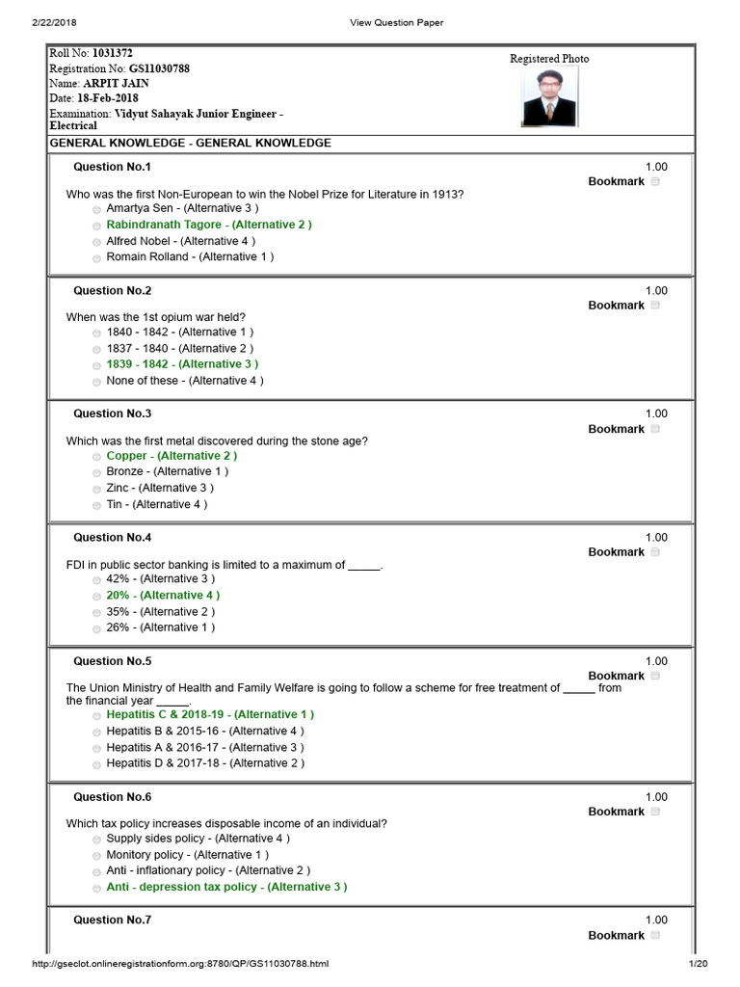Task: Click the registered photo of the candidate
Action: pos(550,96)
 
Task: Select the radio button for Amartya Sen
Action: pos(97,209)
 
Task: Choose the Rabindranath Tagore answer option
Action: pos(209,225)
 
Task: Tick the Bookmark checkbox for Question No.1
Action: pos(655,181)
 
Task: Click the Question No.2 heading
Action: pos(112,290)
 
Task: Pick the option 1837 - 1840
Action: pos(97,349)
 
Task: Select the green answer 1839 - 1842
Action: pos(182,364)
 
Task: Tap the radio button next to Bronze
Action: pos(97,472)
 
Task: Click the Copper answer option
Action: pos(172,456)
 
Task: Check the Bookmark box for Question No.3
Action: pos(655,429)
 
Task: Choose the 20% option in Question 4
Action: pos(163,596)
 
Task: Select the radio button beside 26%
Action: pos(97,628)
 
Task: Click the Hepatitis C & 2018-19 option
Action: pos(210,714)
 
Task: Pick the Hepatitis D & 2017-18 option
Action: pos(205,763)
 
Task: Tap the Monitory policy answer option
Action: pos(187,855)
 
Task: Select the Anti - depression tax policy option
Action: pos(226,887)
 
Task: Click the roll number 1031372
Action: pos(113,54)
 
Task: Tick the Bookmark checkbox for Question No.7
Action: pos(655,935)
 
